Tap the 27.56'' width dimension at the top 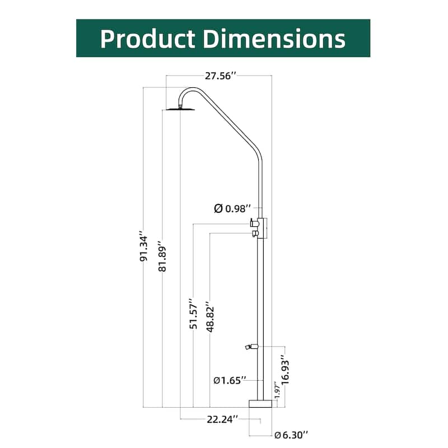[218, 76]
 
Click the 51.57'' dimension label [194, 314]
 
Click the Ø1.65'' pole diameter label [230, 381]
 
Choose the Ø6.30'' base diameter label [291, 434]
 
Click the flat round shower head [179, 109]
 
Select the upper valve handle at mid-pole [254, 223]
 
